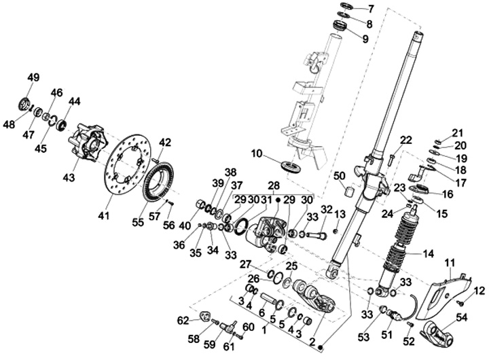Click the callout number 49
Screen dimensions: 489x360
pos(33,77)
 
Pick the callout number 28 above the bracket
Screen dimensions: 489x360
pos(274,185)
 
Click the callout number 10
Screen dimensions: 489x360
pos(257,154)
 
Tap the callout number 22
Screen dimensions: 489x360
pos(405,140)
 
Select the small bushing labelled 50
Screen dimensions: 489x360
pos(350,192)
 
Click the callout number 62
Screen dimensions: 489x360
pos(183,321)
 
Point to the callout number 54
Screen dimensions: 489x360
pos(462,318)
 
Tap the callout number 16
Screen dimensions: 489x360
pos(448,194)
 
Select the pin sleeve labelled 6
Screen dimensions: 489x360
pos(268,298)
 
